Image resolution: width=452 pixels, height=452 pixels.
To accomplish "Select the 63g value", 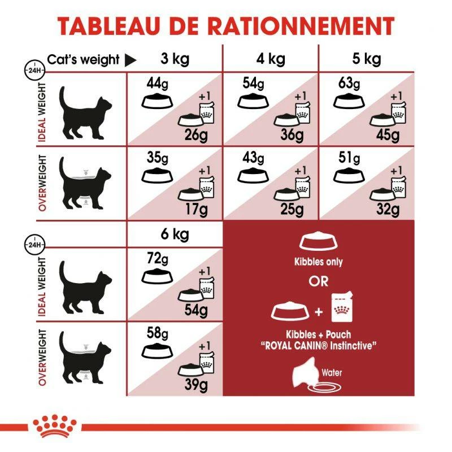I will pyautogui.click(x=346, y=84).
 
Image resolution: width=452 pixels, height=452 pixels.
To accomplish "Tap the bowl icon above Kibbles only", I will pyautogui.click(x=318, y=242).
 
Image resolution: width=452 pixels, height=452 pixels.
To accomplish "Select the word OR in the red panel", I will pyautogui.click(x=318, y=281).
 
